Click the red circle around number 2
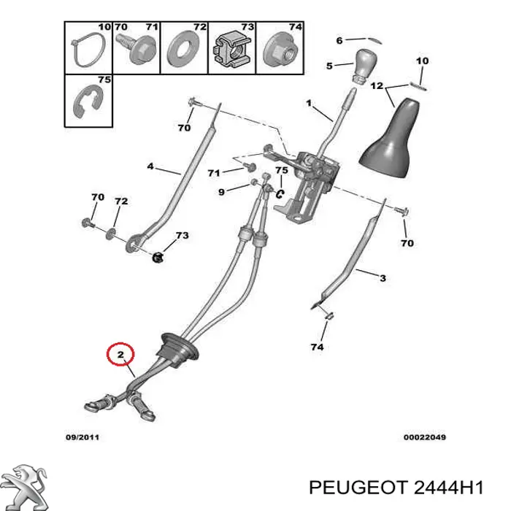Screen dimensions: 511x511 (121, 356)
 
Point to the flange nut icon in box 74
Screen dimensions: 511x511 (280, 50)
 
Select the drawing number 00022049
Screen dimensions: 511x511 (424, 437)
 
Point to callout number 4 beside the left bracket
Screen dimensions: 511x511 (150, 166)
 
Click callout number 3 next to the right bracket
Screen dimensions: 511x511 (383, 277)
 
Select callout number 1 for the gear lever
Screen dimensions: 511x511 (308, 103)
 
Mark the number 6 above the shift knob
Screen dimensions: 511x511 (339, 40)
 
